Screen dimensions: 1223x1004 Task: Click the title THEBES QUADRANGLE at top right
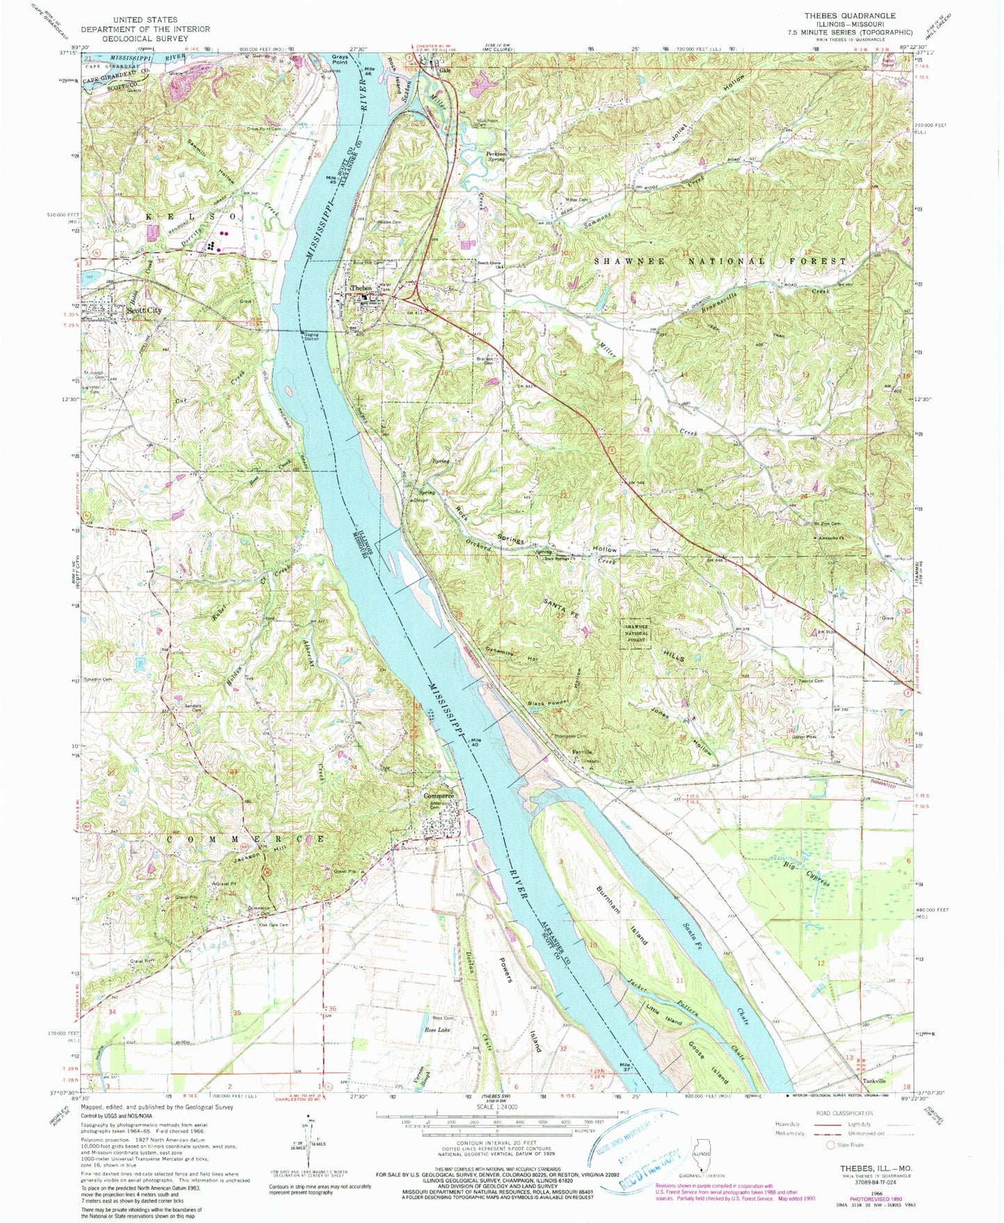(x=859, y=15)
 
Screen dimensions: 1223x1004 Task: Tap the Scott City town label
(x=144, y=310)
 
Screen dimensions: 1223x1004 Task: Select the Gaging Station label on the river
(x=311, y=337)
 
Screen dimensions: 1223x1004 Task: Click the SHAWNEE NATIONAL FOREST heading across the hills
(x=721, y=261)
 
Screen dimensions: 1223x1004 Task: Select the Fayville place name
(x=582, y=751)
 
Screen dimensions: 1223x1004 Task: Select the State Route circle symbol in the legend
(x=830, y=1145)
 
